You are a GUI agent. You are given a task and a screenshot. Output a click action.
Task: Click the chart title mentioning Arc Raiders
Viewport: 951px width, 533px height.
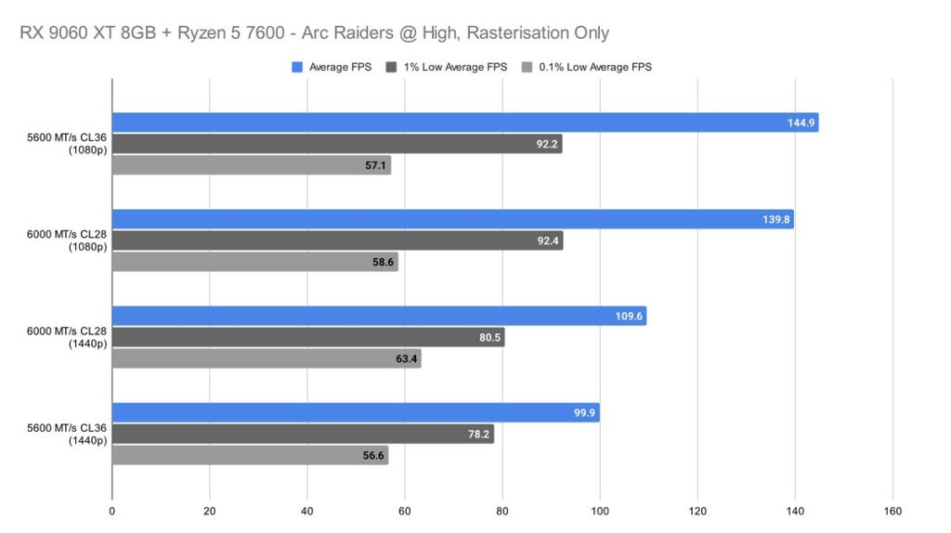point(314,33)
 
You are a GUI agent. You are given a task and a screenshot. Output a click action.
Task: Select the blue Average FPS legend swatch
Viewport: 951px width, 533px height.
point(297,67)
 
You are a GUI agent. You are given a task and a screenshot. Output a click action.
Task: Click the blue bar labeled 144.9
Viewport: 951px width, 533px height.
point(464,123)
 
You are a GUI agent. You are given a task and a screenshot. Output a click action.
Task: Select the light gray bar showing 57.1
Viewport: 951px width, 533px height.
point(251,165)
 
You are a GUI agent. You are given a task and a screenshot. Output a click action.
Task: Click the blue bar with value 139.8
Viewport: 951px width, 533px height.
point(452,219)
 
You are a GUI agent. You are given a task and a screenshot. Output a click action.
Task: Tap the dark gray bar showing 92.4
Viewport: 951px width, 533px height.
point(337,240)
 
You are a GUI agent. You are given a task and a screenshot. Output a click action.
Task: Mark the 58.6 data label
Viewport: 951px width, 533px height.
point(381,263)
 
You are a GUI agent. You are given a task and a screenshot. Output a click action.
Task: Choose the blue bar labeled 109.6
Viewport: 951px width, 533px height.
point(379,316)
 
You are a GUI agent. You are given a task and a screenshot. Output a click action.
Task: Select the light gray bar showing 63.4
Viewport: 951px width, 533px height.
point(267,359)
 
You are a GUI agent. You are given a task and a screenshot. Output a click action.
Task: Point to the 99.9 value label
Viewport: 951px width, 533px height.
point(582,412)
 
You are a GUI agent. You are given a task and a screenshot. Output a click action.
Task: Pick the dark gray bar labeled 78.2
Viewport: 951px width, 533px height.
point(303,434)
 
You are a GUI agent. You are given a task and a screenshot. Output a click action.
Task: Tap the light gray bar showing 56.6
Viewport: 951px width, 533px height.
point(250,456)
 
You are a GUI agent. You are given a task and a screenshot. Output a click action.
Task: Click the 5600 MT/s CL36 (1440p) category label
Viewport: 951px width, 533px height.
point(68,434)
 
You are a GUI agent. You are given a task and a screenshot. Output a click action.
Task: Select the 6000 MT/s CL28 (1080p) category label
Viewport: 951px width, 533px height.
point(68,240)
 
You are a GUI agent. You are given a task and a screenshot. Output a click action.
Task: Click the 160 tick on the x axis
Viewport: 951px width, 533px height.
point(892,510)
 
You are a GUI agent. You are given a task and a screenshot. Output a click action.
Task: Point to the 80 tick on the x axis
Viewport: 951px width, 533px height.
point(502,510)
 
